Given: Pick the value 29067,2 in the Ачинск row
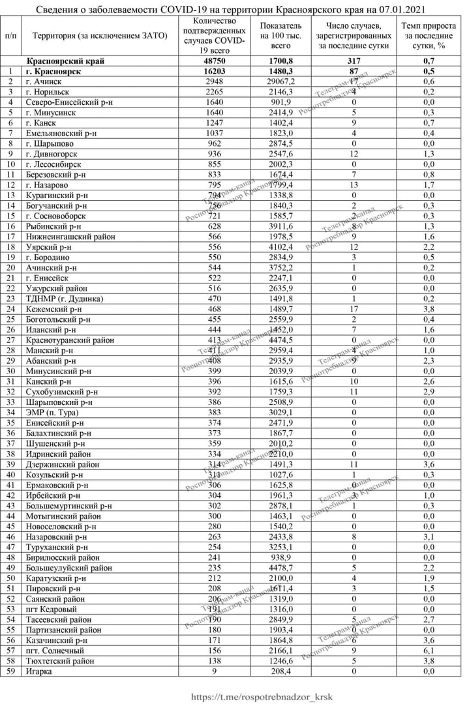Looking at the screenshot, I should click(x=280, y=81).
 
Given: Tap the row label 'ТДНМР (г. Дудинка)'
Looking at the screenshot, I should click(x=63, y=299).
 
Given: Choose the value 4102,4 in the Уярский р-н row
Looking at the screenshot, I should click(x=280, y=247).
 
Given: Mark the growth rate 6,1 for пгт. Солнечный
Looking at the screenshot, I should click(x=429, y=649).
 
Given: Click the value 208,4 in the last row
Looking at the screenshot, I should click(x=280, y=670).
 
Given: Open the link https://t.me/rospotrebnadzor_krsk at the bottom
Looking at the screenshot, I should click(x=261, y=696).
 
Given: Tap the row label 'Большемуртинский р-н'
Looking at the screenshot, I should click(x=69, y=505).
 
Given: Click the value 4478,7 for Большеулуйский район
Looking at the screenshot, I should click(x=280, y=567).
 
